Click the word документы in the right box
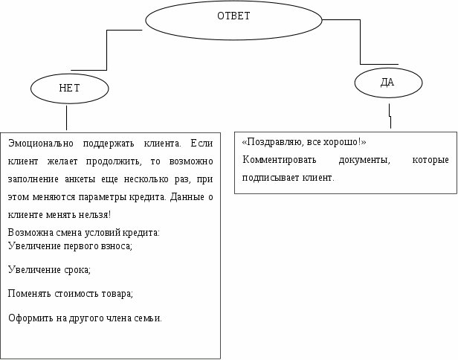362,160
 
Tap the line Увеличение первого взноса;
70,245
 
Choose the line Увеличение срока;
48,269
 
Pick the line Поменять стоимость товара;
70,293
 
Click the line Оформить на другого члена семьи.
85,318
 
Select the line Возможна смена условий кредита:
83,233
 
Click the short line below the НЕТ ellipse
67,117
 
